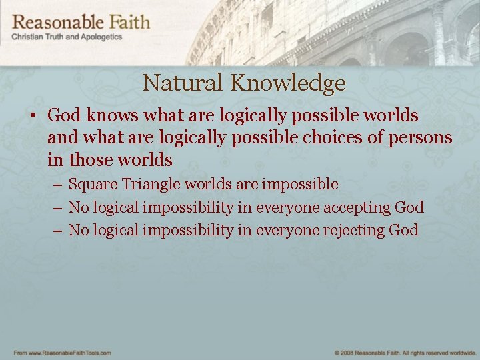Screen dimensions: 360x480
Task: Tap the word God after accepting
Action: coord(409,207)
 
